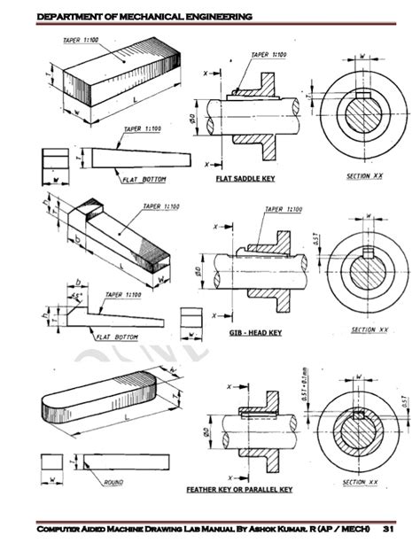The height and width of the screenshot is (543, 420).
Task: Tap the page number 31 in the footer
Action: click(x=388, y=528)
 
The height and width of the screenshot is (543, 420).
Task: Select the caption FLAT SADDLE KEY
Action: click(x=245, y=178)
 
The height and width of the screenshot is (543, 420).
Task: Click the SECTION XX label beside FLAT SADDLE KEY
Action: click(x=364, y=177)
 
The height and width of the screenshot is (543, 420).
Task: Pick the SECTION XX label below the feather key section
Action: click(x=365, y=483)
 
